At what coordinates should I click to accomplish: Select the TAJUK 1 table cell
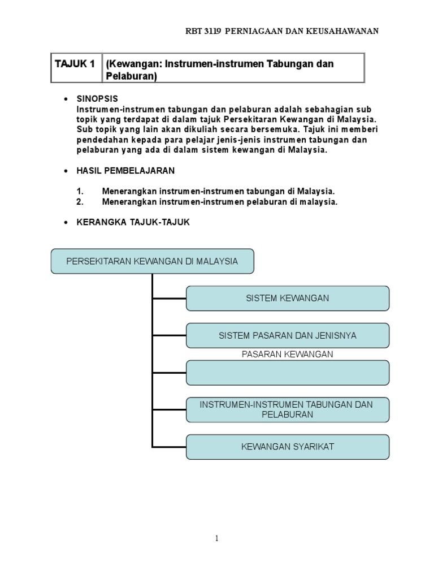pos(75,64)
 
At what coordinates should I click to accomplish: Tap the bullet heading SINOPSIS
pos(97,98)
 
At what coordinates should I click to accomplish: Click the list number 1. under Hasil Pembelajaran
pos(80,192)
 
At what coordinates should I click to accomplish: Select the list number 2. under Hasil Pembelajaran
pos(80,202)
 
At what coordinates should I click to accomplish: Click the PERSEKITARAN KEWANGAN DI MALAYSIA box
pos(152,261)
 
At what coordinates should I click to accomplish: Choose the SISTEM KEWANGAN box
pos(287,298)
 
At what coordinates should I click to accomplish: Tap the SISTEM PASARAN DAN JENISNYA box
pos(287,335)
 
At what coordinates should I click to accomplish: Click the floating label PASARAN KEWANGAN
pos(287,355)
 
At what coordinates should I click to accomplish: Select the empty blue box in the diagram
pos(287,373)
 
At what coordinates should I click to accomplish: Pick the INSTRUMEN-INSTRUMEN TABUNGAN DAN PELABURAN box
pos(287,409)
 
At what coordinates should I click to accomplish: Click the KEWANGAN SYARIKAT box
pos(287,447)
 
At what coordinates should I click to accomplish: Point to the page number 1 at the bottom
pos(216,539)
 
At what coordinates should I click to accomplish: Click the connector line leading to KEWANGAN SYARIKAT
pos(169,447)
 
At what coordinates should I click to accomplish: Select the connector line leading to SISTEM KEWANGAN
pos(169,298)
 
